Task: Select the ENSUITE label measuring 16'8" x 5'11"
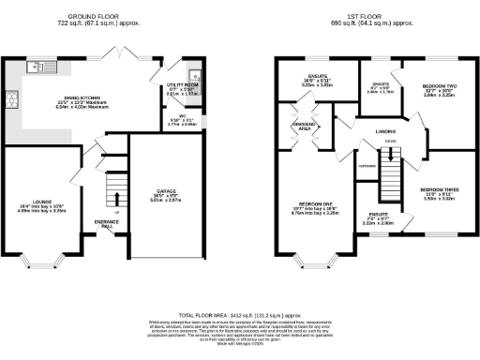click(x=305, y=80)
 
